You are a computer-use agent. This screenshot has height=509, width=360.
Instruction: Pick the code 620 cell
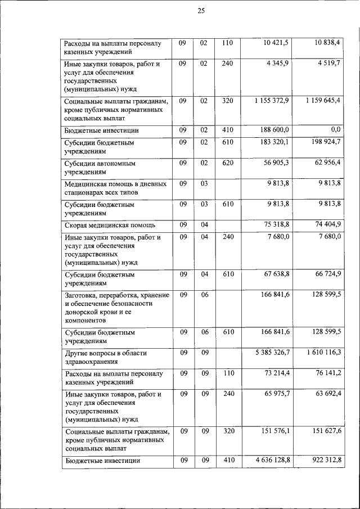(x=227, y=163)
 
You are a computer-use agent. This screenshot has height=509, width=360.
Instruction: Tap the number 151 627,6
(x=325, y=431)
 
